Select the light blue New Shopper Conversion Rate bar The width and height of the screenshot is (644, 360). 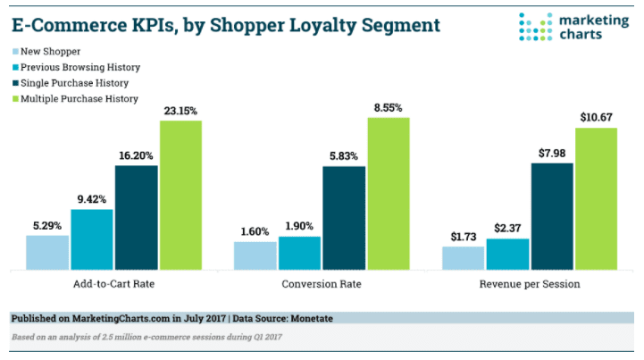click(x=255, y=255)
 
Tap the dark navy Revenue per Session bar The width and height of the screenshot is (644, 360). click(x=552, y=216)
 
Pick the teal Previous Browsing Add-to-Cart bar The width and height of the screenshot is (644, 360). click(x=92, y=239)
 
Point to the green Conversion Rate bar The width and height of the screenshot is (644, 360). click(x=388, y=194)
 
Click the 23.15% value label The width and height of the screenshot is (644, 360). click(x=180, y=112)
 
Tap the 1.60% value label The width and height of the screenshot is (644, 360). click(x=255, y=232)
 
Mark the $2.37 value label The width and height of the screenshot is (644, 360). click(x=507, y=230)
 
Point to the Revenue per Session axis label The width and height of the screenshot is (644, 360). click(x=529, y=284)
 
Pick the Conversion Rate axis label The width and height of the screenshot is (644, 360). click(x=322, y=284)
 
